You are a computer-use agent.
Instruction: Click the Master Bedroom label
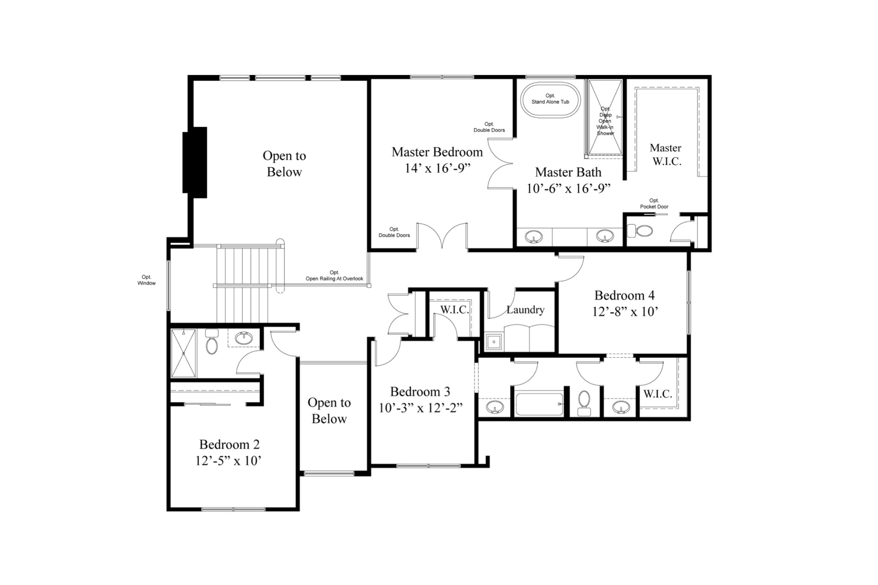[x=437, y=152]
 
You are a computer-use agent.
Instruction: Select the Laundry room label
[x=525, y=310]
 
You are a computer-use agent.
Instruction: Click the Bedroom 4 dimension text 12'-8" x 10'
[x=625, y=312]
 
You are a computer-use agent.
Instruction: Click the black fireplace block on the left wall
[x=195, y=162]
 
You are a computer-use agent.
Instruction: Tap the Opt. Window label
[x=146, y=280]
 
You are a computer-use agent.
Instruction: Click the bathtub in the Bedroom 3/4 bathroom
[x=539, y=404]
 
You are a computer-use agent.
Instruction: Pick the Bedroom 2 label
[x=229, y=444]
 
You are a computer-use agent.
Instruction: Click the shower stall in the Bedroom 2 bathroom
[x=183, y=354]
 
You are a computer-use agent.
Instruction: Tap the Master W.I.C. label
[x=666, y=154]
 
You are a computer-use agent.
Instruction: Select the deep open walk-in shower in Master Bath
[x=605, y=117]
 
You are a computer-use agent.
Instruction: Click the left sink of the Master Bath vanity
[x=534, y=237]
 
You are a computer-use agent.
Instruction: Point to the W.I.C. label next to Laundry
[x=454, y=309]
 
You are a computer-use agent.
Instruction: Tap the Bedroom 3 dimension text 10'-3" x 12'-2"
[x=420, y=408]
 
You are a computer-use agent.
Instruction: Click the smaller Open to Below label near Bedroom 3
[x=329, y=411]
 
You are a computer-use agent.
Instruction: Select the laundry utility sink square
[x=494, y=342]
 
